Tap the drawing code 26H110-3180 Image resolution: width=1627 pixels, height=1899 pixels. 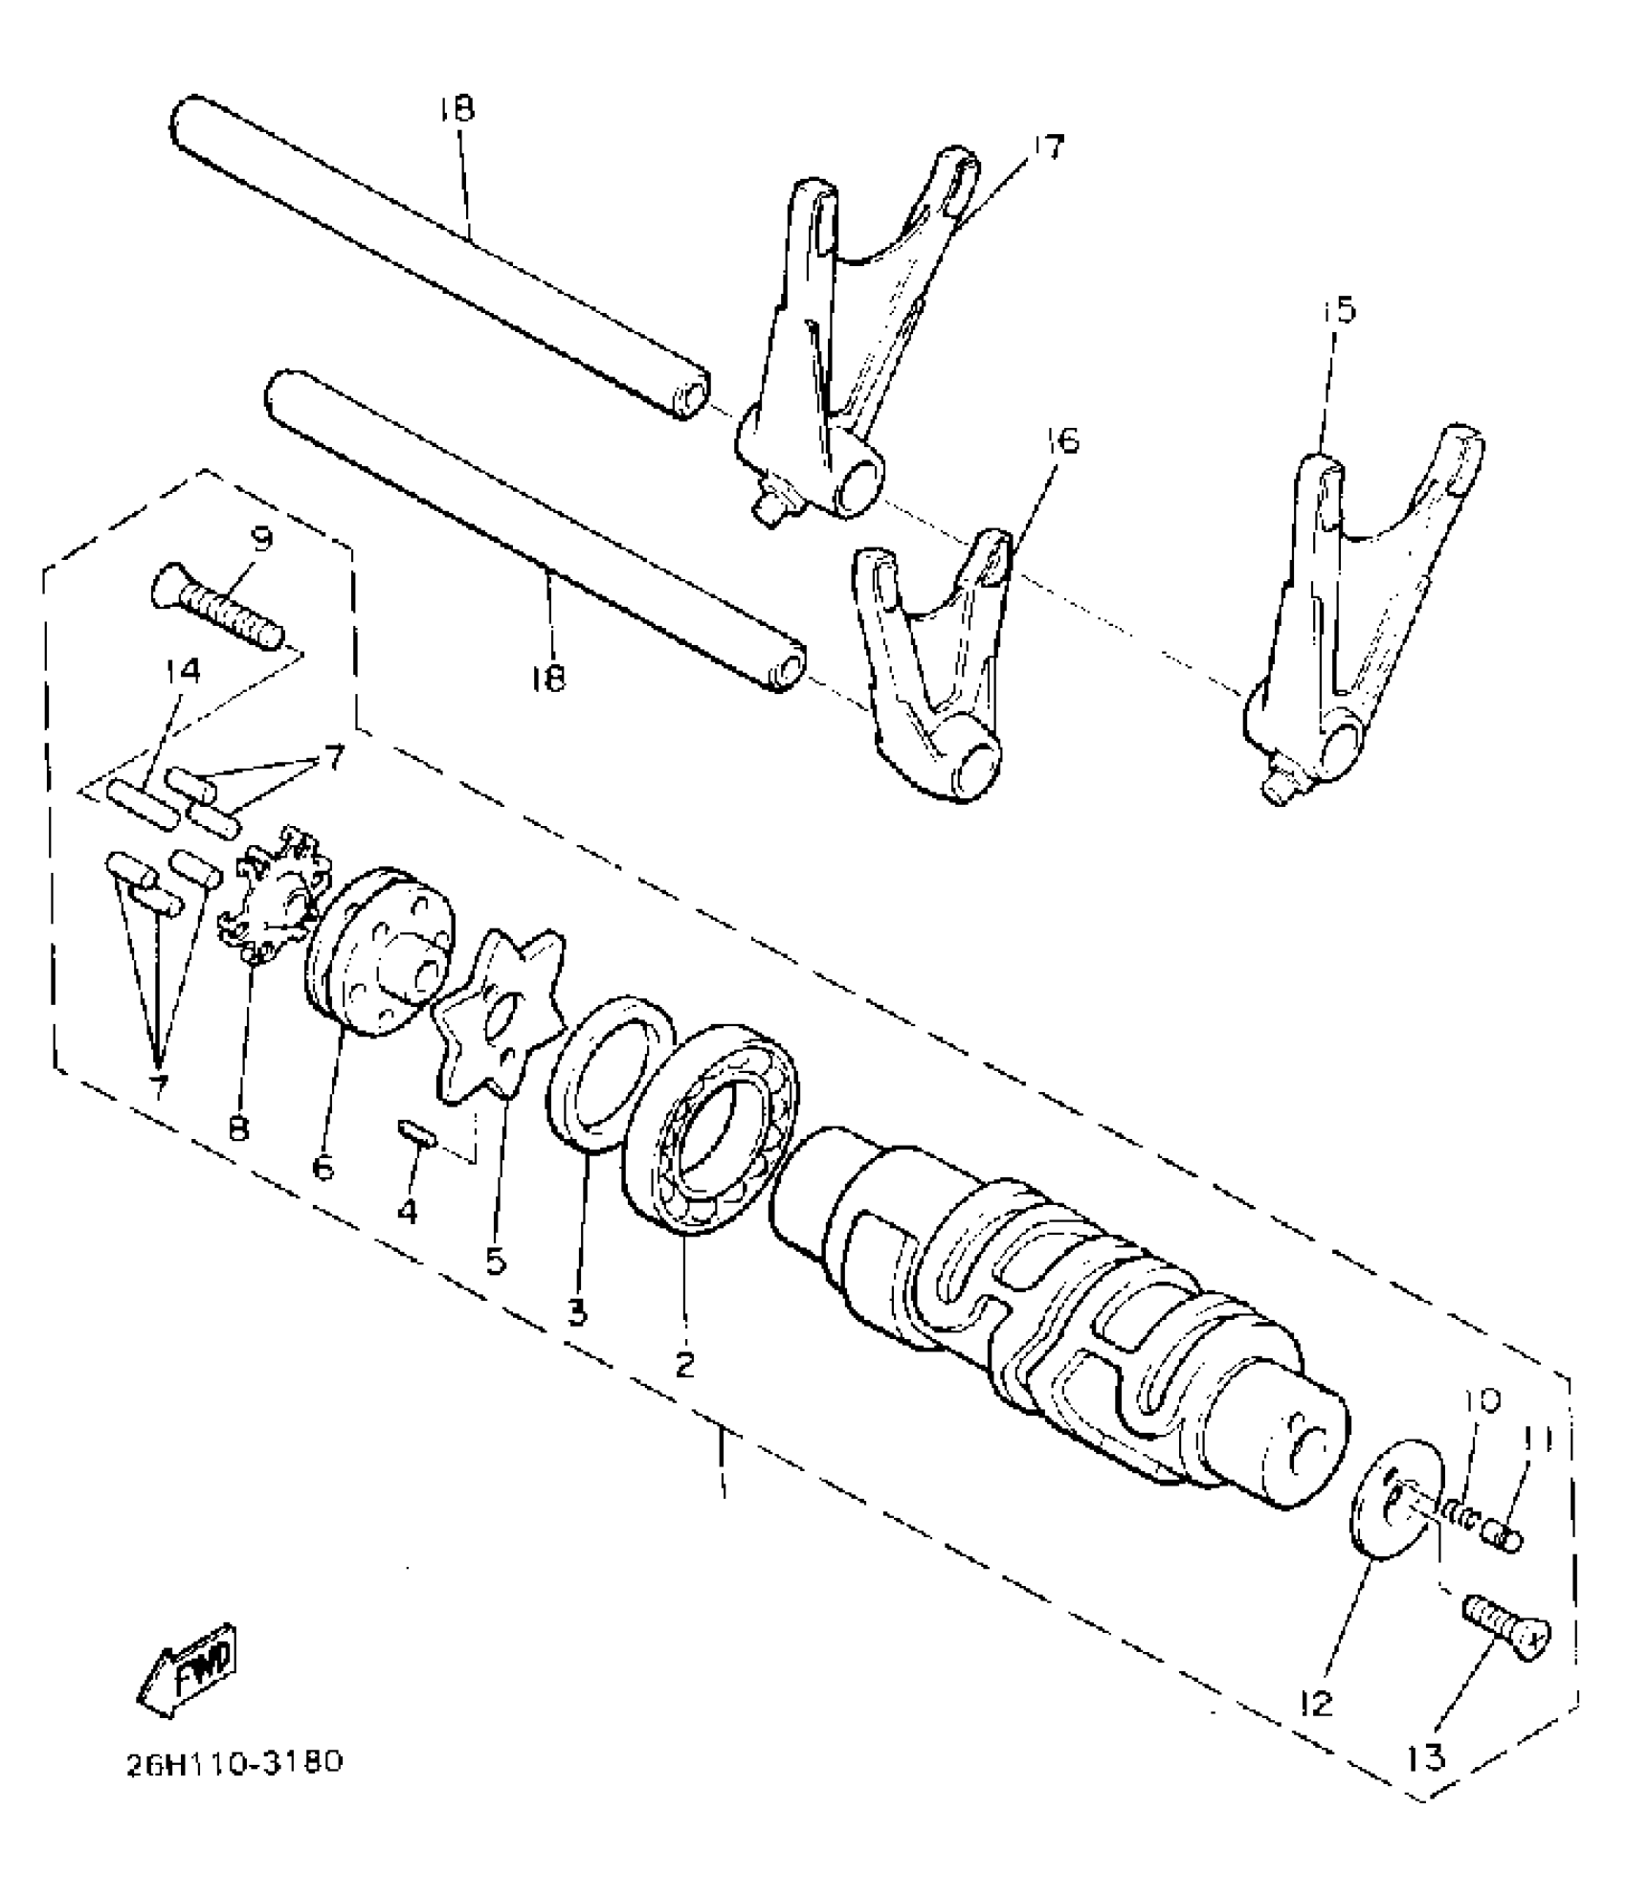(234, 1789)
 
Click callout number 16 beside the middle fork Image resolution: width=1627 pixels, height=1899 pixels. (1061, 441)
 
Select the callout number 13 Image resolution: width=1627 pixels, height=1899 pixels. (1427, 1758)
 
